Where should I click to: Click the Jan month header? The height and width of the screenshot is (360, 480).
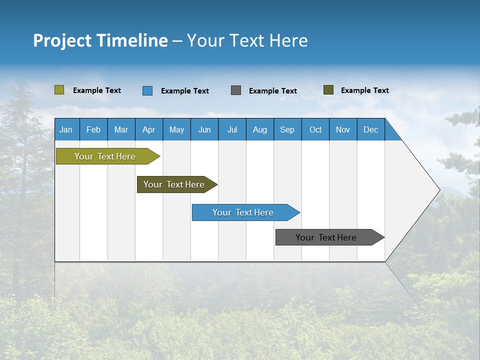click(x=66, y=129)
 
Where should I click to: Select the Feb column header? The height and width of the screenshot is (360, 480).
click(x=93, y=129)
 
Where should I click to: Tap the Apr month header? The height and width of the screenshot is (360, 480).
click(x=148, y=129)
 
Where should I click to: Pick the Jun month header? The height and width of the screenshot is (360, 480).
click(x=204, y=129)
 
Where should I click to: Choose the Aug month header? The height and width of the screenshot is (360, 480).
click(x=259, y=129)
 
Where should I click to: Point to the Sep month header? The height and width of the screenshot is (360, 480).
click(x=287, y=129)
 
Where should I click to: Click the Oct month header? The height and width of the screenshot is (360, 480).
click(x=315, y=129)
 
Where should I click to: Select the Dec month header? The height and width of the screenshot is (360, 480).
click(x=370, y=129)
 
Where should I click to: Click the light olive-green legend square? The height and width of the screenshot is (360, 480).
click(x=59, y=90)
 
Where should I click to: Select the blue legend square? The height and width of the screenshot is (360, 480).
click(x=147, y=90)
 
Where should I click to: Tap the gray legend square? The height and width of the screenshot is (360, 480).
click(x=236, y=90)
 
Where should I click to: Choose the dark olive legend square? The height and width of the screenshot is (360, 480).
click(x=328, y=90)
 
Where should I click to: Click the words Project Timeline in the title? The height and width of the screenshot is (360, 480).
click(x=100, y=40)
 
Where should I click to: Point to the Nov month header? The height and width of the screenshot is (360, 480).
click(x=342, y=129)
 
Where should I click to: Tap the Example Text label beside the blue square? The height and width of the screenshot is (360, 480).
click(x=184, y=91)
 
